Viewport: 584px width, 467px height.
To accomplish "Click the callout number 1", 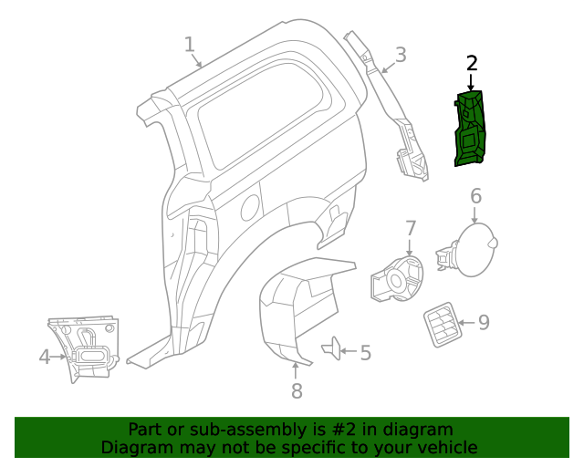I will tap(190, 45).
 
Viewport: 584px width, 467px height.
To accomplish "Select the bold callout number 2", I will tap(472, 63).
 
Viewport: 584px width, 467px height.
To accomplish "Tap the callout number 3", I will tap(401, 55).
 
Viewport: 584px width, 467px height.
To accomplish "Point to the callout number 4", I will tap(45, 357).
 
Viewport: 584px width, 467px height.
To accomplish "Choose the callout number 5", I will tap(365, 353).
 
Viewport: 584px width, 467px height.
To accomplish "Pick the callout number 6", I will tap(475, 196).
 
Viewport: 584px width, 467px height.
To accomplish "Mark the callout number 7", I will tap(410, 228).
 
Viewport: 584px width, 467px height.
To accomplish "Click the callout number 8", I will tap(297, 391).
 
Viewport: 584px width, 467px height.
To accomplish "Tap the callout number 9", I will tap(484, 322).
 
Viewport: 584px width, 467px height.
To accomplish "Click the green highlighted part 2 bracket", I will tap(471, 130).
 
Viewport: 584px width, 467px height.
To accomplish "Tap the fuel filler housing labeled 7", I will tap(398, 277).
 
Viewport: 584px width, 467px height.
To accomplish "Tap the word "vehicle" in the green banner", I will tap(446, 448).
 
